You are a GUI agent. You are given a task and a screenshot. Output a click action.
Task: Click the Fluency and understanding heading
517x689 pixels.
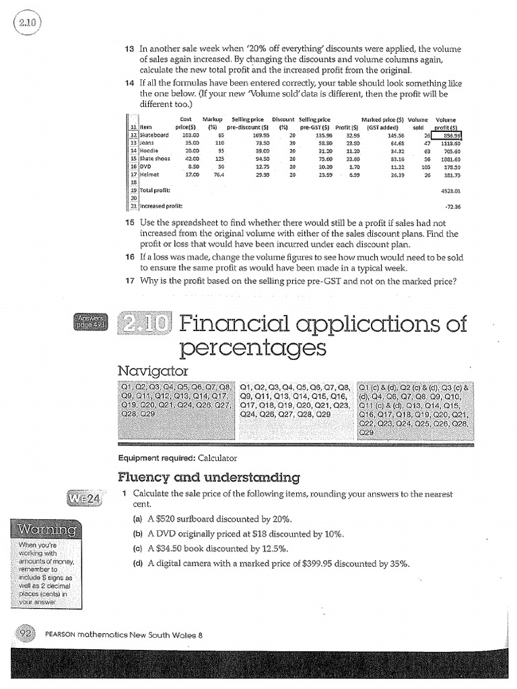click(x=208, y=478)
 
